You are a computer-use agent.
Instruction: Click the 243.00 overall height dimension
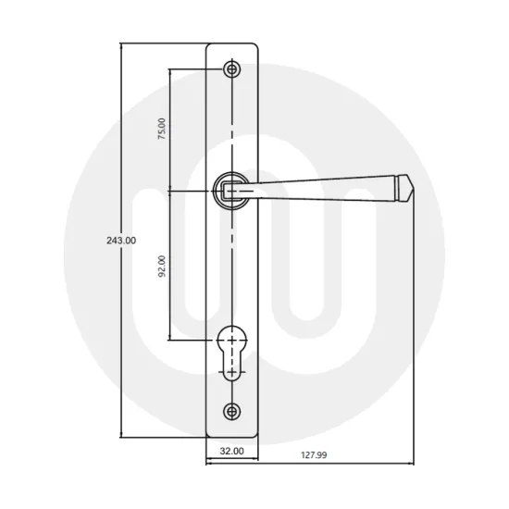click(121, 240)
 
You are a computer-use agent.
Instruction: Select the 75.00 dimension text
click(162, 129)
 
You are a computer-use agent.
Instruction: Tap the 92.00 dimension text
click(162, 266)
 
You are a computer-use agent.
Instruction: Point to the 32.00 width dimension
click(230, 453)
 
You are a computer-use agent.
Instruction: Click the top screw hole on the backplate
click(230, 69)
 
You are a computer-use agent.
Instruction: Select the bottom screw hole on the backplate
click(230, 411)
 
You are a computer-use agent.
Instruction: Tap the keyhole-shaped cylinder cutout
click(230, 347)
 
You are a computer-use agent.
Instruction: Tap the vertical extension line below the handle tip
click(412, 324)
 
